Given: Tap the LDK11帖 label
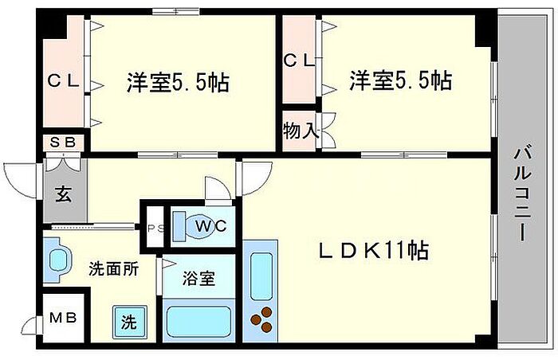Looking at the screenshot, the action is (373, 250).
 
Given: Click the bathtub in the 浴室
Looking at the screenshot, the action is (199, 322).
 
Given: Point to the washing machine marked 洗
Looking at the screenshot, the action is (129, 322).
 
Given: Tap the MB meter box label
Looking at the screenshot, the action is (63, 317).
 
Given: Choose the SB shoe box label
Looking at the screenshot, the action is (63, 143).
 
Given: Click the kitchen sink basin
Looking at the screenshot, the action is (261, 276).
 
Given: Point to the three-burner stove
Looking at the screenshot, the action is (261, 319).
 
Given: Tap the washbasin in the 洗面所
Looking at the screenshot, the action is (57, 260).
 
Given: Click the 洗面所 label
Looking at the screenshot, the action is (113, 269).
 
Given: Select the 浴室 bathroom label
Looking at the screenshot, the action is (199, 278).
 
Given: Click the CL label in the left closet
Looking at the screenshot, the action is (63, 81).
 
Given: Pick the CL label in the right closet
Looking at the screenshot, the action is (299, 61).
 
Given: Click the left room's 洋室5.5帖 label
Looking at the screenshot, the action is (178, 82).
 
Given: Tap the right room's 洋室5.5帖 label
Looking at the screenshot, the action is (400, 80).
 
